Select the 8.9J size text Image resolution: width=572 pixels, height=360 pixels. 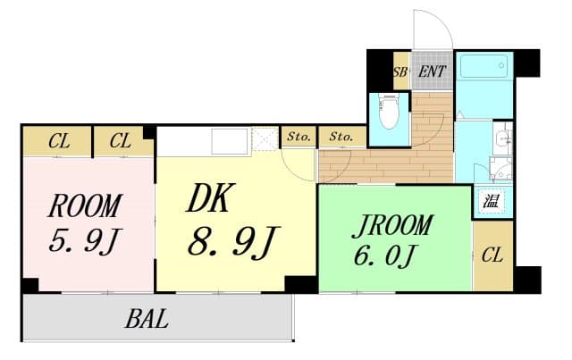(x=233, y=241)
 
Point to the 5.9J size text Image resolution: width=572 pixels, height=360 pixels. (x=85, y=241)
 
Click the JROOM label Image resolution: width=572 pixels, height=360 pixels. (x=392, y=225)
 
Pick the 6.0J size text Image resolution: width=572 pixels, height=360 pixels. (x=385, y=255)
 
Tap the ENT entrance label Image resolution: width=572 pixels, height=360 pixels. (x=432, y=71)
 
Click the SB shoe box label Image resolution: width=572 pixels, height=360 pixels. (x=400, y=72)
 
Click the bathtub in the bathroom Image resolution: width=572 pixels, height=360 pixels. (x=484, y=66)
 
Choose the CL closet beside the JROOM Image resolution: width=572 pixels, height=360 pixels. (x=492, y=255)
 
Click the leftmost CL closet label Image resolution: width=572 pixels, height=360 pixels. (x=60, y=141)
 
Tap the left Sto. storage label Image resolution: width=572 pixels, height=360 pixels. (x=299, y=137)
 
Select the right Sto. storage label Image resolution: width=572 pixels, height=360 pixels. (x=341, y=137)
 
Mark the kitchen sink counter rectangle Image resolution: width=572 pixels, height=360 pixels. (x=230, y=142)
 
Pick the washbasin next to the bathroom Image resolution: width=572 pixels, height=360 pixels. (x=503, y=138)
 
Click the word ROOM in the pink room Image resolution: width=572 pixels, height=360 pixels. (x=85, y=206)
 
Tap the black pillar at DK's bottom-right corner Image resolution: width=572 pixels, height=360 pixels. (x=301, y=284)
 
